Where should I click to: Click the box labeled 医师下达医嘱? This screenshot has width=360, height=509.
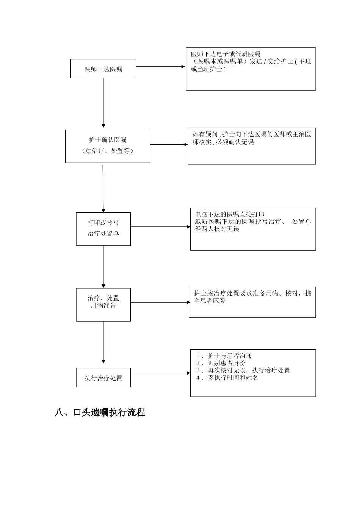(x=103, y=69)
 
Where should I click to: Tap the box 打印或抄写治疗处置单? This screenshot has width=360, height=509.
(x=103, y=229)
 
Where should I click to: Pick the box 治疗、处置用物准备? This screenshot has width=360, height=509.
(x=103, y=304)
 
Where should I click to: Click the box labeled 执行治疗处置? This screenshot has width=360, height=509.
(x=103, y=378)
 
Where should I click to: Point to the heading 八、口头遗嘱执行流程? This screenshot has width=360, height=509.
(x=100, y=412)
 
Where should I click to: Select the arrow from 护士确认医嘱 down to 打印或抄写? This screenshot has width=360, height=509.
(x=103, y=187)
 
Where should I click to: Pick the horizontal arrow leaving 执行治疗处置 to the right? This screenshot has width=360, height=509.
(x=163, y=373)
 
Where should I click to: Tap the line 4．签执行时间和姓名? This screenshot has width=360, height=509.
(x=227, y=378)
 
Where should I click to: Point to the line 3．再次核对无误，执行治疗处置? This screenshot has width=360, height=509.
(x=243, y=370)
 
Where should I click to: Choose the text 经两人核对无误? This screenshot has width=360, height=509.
(x=217, y=229)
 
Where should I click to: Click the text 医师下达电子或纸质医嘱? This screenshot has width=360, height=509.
(x=225, y=54)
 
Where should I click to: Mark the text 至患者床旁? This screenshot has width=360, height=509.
(x=210, y=301)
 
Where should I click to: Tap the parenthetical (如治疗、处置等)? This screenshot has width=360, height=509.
(x=107, y=151)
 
